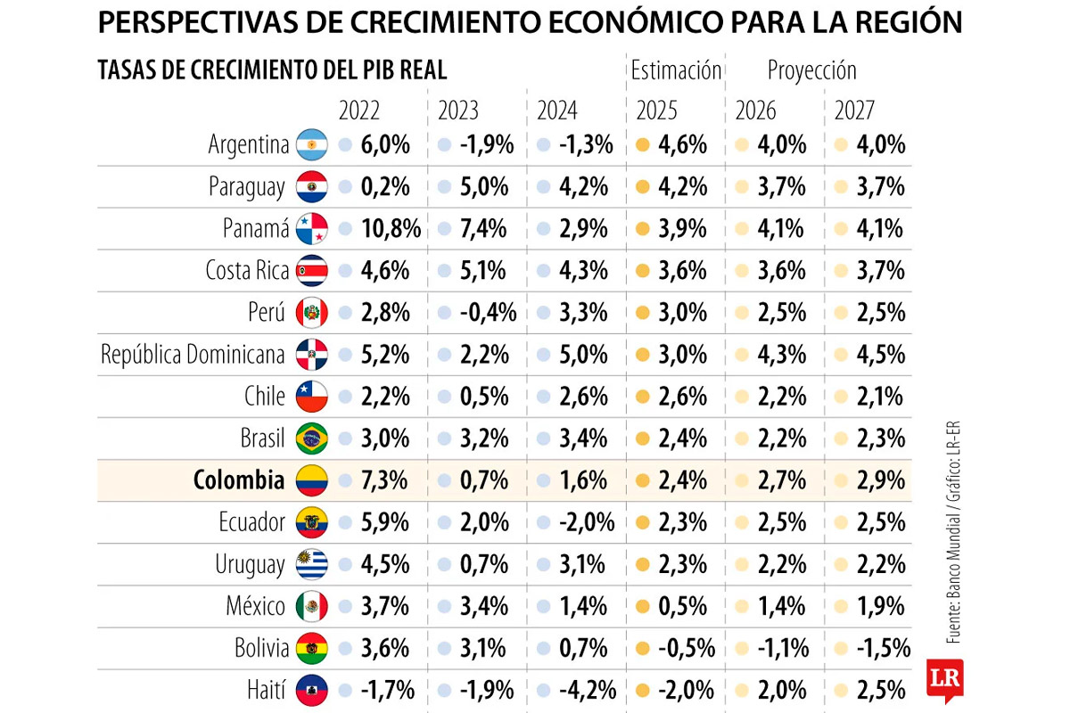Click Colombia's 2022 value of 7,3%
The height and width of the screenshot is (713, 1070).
[385, 480]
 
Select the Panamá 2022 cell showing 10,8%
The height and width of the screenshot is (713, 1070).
[391, 229]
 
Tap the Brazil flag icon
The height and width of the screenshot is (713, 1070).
[312, 438]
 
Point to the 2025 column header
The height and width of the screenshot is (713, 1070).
[656, 111]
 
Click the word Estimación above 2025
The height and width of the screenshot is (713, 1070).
[675, 70]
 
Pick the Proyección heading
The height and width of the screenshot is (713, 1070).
[811, 70]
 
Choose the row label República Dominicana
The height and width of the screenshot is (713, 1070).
[193, 355]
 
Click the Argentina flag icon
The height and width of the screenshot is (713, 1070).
[312, 144]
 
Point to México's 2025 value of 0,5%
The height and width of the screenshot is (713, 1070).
[683, 606]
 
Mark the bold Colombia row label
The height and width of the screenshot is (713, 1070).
[239, 480]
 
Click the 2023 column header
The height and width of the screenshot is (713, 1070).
[458, 111]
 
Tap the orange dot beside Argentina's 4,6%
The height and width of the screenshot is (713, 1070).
[642, 144]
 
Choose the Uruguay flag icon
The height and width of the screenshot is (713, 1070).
[312, 564]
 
